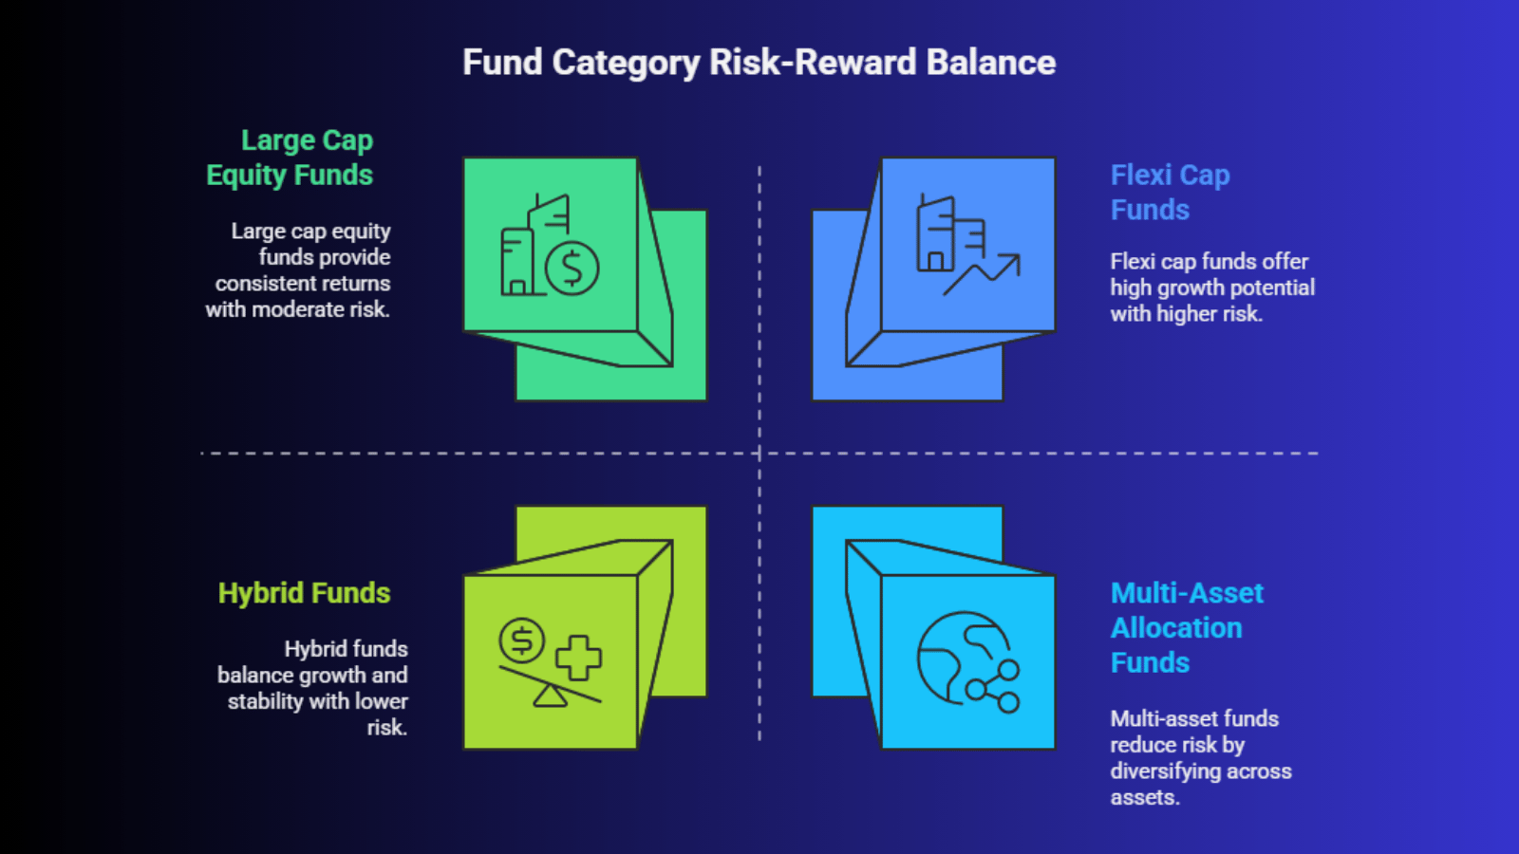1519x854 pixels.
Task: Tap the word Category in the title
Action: (x=626, y=64)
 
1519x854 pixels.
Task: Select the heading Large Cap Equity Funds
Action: (x=290, y=158)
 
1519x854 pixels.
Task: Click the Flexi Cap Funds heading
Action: (x=1170, y=193)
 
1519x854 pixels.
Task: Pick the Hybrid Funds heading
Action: (x=305, y=593)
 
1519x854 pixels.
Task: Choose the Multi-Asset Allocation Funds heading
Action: (x=1187, y=627)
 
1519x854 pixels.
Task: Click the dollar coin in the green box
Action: (x=572, y=269)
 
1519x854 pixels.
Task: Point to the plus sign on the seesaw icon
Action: (x=578, y=658)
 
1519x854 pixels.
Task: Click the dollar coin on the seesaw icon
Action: (x=521, y=640)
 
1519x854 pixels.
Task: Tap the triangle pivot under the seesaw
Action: (x=550, y=696)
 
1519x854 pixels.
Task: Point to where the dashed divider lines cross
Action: (x=759, y=453)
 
